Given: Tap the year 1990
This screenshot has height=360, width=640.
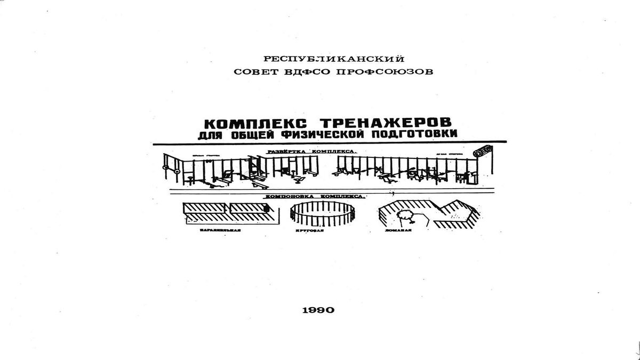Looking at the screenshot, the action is [318, 310].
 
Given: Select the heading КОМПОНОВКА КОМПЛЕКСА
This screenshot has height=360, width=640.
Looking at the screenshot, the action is [314, 196].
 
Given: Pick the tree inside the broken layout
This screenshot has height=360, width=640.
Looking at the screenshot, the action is [406, 214].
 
